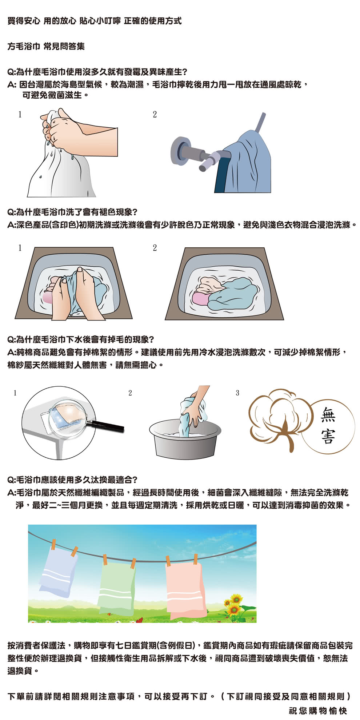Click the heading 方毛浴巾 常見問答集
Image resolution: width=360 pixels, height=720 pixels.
pyautogui.click(x=46, y=46)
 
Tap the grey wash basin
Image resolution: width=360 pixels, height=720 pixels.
pyautogui.click(x=185, y=438)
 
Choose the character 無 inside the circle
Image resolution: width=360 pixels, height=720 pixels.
pyautogui.click(x=328, y=415)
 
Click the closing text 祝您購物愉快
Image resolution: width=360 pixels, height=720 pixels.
pyautogui.click(x=318, y=711)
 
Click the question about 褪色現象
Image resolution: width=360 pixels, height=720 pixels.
pyautogui.click(x=72, y=212)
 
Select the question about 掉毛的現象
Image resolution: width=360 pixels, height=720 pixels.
pyautogui.click(x=81, y=339)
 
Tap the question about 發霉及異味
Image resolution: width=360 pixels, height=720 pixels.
pyautogui.click(x=97, y=72)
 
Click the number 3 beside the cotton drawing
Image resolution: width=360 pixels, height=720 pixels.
pyautogui.click(x=237, y=393)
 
